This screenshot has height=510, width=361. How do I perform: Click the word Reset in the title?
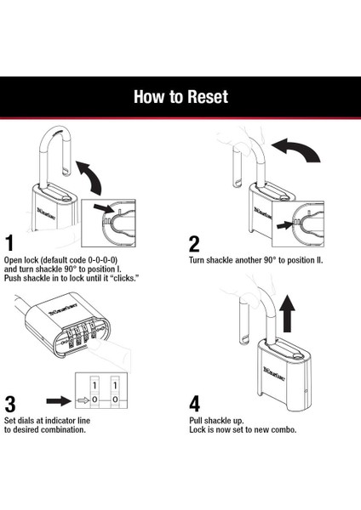[208, 97]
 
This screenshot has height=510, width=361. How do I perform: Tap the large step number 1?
[10, 243]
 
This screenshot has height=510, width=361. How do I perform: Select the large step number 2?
[194, 245]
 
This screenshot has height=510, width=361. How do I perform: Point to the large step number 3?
[10, 405]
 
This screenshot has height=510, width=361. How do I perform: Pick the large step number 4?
[194, 404]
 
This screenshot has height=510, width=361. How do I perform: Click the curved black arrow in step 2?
[296, 150]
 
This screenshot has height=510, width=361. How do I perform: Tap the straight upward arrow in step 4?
[287, 314]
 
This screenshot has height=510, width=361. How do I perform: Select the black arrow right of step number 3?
[59, 400]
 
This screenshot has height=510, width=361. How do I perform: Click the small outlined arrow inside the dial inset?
[83, 400]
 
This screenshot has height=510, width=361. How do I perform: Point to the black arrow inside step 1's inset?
[104, 208]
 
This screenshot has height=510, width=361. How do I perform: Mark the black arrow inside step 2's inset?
[284, 224]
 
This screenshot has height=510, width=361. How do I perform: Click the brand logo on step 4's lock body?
[274, 374]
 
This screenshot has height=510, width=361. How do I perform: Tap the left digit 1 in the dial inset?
[95, 386]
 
